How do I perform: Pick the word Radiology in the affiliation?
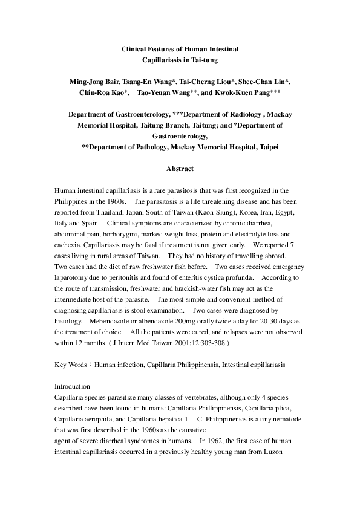coord(240,114)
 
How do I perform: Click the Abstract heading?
coord(180,169)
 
